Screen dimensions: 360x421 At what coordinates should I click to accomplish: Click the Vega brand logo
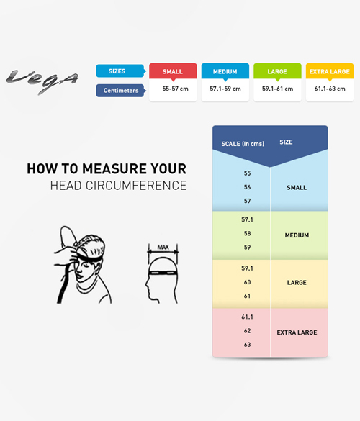pos(42,81)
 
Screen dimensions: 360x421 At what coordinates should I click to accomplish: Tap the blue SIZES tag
pos(121,71)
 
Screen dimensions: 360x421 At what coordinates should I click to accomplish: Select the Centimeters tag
pos(121,91)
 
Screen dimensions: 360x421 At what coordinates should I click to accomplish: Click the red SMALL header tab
pos(173,71)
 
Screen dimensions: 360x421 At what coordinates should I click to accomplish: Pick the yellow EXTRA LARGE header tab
pos(329,71)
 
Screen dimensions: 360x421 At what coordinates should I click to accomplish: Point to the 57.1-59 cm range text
pos(225,89)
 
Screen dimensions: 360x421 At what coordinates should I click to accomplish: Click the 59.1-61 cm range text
pos(277,89)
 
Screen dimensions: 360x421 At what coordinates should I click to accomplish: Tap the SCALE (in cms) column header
pos(243,144)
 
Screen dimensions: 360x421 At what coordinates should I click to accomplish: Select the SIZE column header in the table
pos(286,142)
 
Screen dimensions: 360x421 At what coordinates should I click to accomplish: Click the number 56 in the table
pos(247,187)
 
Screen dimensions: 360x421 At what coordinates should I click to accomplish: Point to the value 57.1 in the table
pos(247,219)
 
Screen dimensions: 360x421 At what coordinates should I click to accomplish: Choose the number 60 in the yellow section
pos(247,282)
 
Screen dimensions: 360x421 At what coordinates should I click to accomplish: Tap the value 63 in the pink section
pos(247,345)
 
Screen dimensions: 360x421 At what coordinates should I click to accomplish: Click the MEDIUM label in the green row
pos(297,235)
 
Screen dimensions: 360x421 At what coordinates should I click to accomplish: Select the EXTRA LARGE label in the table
pos(297,332)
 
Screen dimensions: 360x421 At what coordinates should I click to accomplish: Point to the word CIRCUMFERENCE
pos(136,186)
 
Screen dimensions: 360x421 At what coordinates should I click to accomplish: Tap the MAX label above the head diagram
pos(163,247)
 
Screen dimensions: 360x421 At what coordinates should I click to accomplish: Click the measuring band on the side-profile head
pos(163,273)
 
